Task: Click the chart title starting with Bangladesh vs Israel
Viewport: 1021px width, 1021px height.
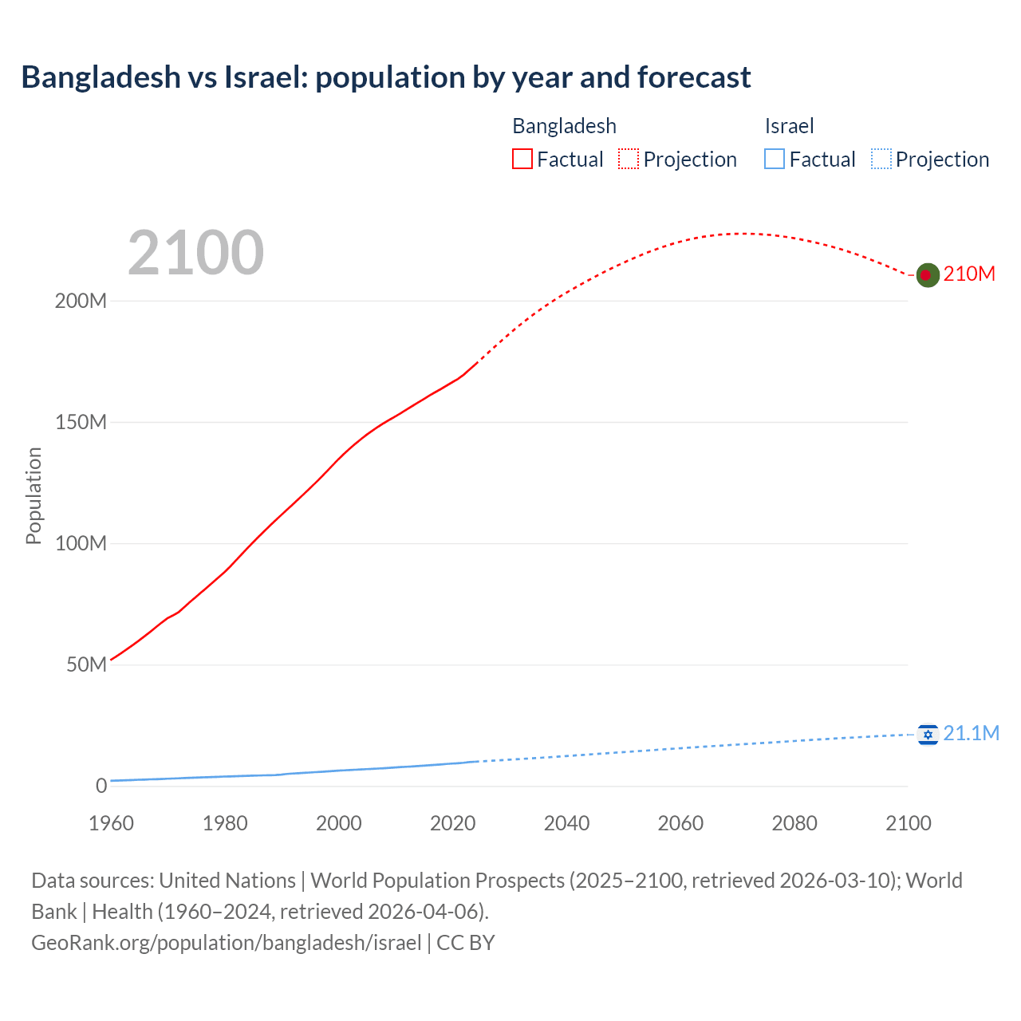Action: point(386,77)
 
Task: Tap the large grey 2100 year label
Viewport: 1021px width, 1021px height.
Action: point(195,253)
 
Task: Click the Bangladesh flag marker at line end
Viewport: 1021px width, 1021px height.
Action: point(927,275)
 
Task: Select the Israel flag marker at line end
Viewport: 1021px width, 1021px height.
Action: point(927,734)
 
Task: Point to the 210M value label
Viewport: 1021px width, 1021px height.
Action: point(969,274)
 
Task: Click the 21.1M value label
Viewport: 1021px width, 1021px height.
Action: point(971,734)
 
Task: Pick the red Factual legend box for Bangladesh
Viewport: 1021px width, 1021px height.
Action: point(522,160)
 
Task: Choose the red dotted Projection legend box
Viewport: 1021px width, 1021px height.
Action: point(629,160)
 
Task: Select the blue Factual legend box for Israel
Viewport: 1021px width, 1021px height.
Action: point(775,160)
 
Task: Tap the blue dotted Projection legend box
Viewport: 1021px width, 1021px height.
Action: point(881,160)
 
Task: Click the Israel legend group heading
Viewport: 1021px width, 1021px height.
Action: point(789,126)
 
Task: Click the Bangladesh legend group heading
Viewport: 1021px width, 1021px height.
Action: point(564,126)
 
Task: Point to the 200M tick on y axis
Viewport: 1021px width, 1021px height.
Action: point(81,302)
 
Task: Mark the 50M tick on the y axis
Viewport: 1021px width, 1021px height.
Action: point(86,665)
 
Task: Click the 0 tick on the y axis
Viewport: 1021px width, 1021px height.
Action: point(101,786)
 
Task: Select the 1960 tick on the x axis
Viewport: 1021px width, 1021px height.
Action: point(111,823)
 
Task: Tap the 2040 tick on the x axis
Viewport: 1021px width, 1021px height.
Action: point(566,823)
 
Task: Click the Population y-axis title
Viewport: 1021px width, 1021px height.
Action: point(34,495)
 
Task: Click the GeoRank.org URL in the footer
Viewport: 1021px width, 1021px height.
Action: point(227,943)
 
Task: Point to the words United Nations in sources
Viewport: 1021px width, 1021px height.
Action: point(227,881)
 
